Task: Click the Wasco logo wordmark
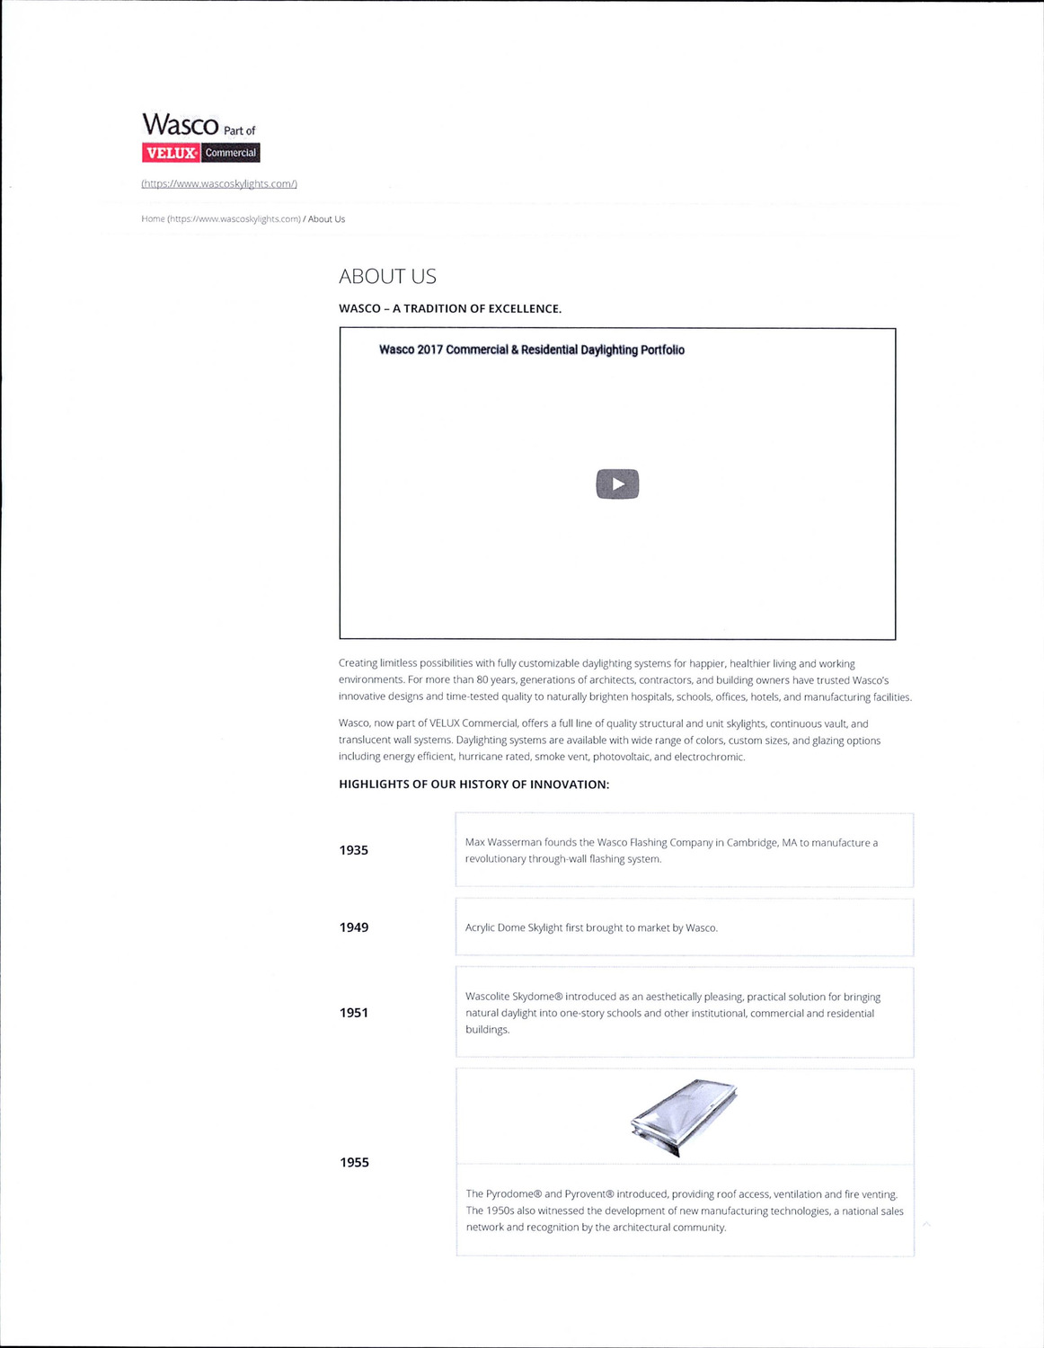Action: click(x=181, y=124)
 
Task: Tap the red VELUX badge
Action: click(x=171, y=153)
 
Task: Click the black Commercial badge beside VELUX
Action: click(x=231, y=153)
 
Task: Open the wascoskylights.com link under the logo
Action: click(x=219, y=184)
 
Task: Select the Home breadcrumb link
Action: click(x=154, y=219)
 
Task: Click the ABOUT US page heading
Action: click(x=387, y=277)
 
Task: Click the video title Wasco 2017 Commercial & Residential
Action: click(x=531, y=350)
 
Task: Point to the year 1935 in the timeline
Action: click(x=354, y=850)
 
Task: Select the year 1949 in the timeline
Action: click(x=354, y=927)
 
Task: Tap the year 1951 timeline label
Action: click(x=354, y=1013)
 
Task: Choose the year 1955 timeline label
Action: click(x=354, y=1163)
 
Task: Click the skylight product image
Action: click(x=685, y=1117)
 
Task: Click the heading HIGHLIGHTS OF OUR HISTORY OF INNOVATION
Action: click(x=473, y=785)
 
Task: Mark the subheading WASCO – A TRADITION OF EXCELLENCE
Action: click(x=450, y=309)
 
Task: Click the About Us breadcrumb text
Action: click(x=326, y=219)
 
